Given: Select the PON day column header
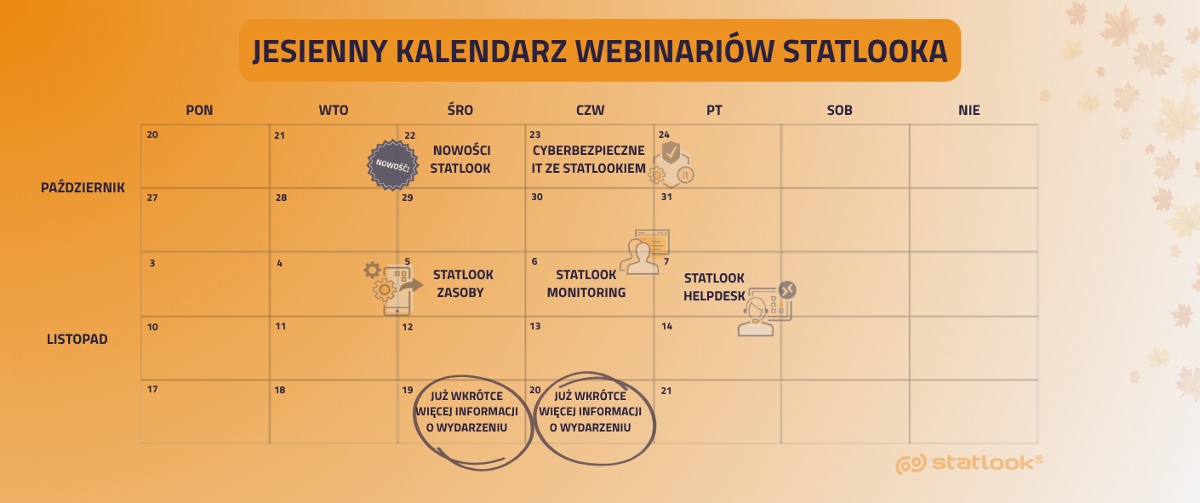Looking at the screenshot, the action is click(199, 111).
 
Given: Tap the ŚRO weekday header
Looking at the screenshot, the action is click(460, 110).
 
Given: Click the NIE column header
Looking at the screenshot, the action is click(969, 111).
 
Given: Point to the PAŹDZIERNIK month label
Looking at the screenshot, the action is click(83, 187).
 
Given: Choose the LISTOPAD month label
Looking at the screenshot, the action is click(77, 339).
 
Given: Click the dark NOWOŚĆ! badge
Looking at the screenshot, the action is click(392, 165).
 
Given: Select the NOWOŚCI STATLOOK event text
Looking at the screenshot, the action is click(460, 159).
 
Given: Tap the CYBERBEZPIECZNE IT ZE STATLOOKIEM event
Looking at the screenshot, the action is click(588, 159).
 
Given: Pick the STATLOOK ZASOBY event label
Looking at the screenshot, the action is click(463, 283).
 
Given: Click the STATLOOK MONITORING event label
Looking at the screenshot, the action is click(586, 283).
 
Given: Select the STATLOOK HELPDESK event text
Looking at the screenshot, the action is click(714, 287).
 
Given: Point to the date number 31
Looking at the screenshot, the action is click(666, 197).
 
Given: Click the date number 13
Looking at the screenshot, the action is click(535, 326).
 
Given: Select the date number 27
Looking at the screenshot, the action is click(152, 197).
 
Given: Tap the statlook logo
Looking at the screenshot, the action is click(969, 464).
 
